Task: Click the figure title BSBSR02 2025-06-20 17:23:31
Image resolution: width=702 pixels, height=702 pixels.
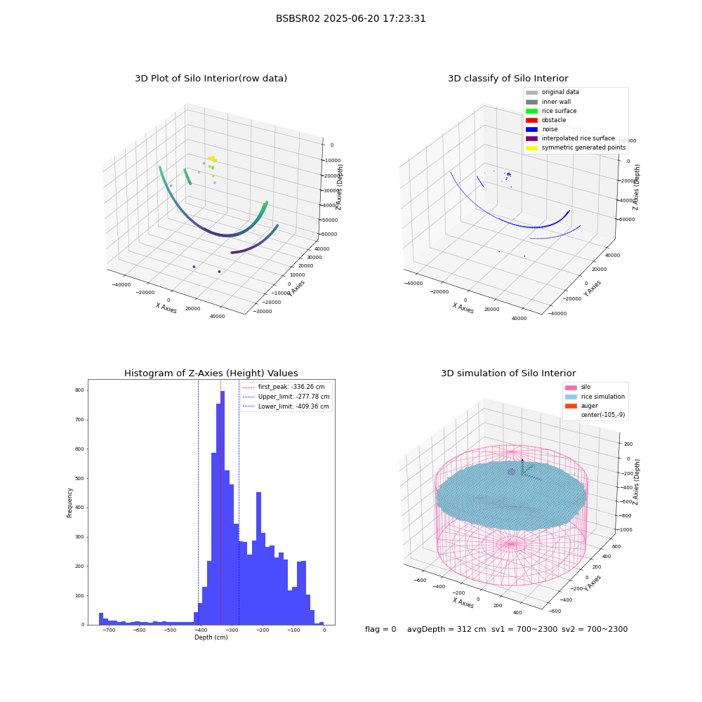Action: coord(350,19)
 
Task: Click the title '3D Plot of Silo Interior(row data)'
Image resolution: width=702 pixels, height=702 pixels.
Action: coord(211,79)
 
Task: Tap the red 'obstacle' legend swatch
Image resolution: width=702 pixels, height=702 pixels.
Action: coord(531,120)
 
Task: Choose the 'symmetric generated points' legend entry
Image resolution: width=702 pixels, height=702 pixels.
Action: coord(576,147)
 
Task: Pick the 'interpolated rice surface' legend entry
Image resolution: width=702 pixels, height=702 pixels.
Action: coord(570,138)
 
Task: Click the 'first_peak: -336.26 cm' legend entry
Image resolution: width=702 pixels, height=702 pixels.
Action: coord(284,387)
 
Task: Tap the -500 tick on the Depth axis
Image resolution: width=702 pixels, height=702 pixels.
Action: coord(170,630)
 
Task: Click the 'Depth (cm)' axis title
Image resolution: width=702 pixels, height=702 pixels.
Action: coord(211,637)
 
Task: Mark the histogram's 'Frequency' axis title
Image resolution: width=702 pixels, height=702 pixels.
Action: coord(69,503)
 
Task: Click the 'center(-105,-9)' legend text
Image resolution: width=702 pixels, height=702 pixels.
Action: coord(603,415)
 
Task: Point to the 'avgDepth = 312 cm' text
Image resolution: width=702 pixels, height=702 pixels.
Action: coord(446,630)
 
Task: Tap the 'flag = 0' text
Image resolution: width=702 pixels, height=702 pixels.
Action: coord(380,630)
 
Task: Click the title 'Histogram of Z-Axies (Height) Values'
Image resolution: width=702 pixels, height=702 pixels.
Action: coord(211,373)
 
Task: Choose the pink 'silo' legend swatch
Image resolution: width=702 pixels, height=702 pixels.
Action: coord(571,388)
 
